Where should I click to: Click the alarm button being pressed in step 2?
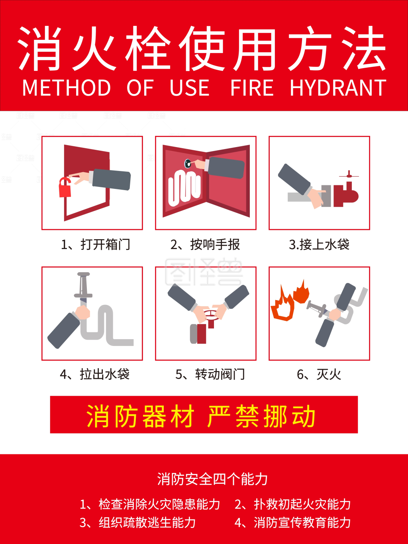pyautogui.click(x=188, y=163)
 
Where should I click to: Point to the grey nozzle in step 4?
pyautogui.click(x=83, y=287)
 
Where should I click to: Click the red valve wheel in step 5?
pyautogui.click(x=210, y=315)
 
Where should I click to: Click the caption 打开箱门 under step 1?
pyautogui.click(x=105, y=245)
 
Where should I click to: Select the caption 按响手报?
pyautogui.click(x=215, y=245)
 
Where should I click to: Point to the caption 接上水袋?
pyautogui.click(x=324, y=245)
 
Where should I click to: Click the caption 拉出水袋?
pyautogui.click(x=104, y=375)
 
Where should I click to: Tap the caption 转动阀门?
pyautogui.click(x=220, y=375)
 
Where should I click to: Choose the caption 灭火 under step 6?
pyautogui.click(x=329, y=375)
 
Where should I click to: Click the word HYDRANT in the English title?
pyautogui.click(x=338, y=88)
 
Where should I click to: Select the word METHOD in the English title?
pyautogui.click(x=67, y=88)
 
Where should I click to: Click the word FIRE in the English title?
pyautogui.click(x=252, y=88)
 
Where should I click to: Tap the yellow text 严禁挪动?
pyautogui.click(x=262, y=416)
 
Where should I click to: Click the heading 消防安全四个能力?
pyautogui.click(x=212, y=479)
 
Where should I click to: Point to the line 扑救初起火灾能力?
pyautogui.click(x=302, y=504)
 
